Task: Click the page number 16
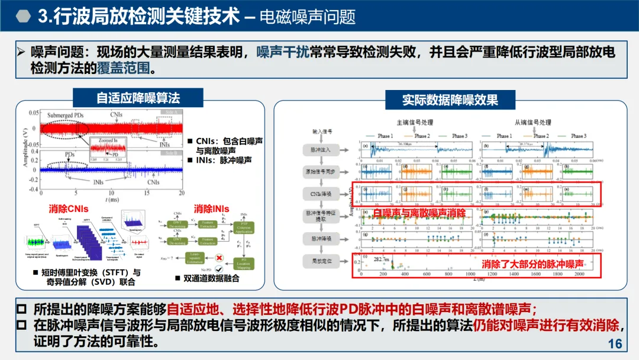[x=615, y=344]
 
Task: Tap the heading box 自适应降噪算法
[x=138, y=98]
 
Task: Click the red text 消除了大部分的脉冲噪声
[x=533, y=263]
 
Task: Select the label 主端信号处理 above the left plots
[x=414, y=123]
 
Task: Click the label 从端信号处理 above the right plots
[x=533, y=123]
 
